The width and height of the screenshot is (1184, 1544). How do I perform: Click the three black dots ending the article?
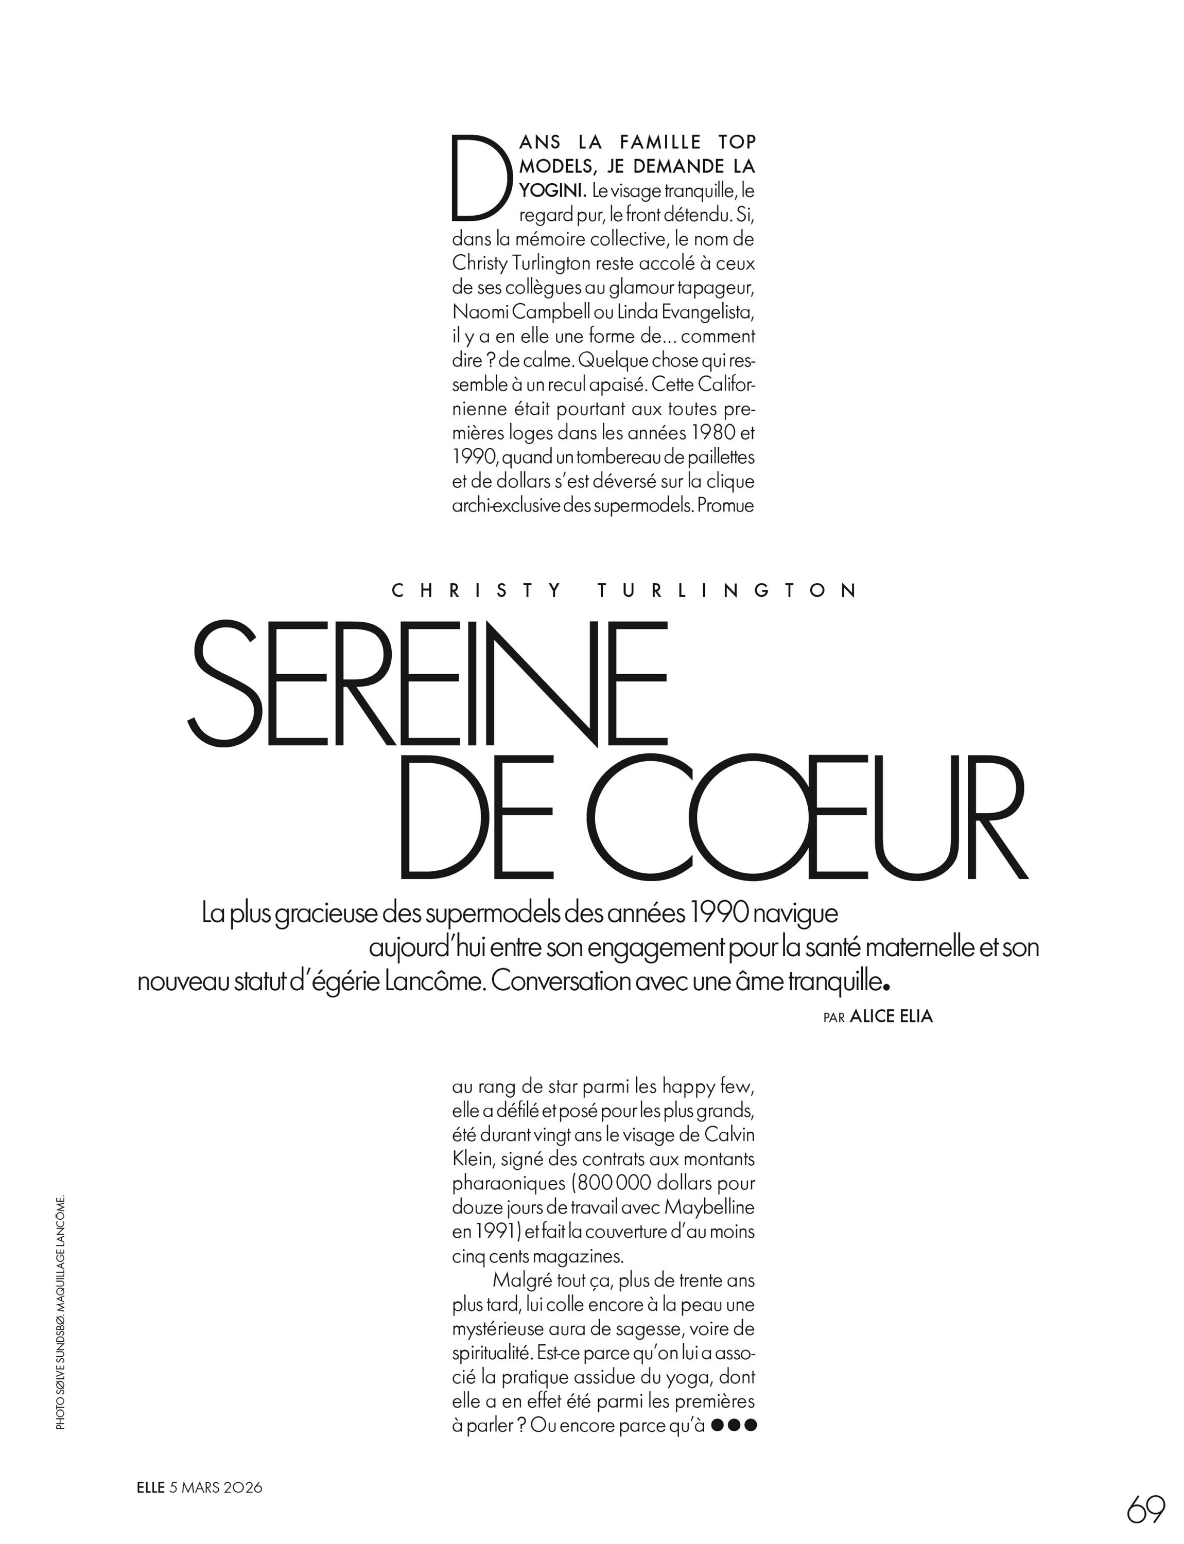tap(734, 1425)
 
